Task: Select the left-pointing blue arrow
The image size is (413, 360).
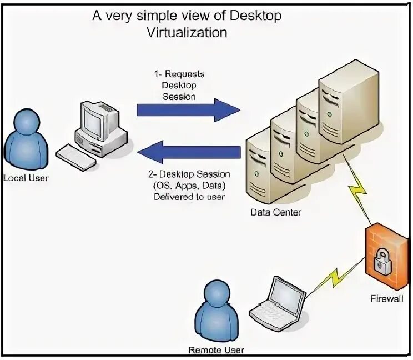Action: click(189, 152)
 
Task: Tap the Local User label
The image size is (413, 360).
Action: click(26, 178)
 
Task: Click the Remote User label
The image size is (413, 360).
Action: click(216, 350)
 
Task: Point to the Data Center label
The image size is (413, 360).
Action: click(275, 212)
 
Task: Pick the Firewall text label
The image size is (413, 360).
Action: click(387, 298)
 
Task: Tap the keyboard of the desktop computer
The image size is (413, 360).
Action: click(76, 157)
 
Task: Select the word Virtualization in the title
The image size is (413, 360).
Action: click(187, 33)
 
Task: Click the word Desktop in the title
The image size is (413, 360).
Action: click(255, 16)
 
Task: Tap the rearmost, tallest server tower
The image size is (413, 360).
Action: click(349, 102)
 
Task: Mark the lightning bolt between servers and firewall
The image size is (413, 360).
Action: click(357, 188)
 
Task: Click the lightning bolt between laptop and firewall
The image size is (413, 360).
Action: click(335, 277)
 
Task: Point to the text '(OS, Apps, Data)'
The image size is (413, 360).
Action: click(189, 186)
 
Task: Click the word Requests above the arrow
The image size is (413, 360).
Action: click(184, 74)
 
